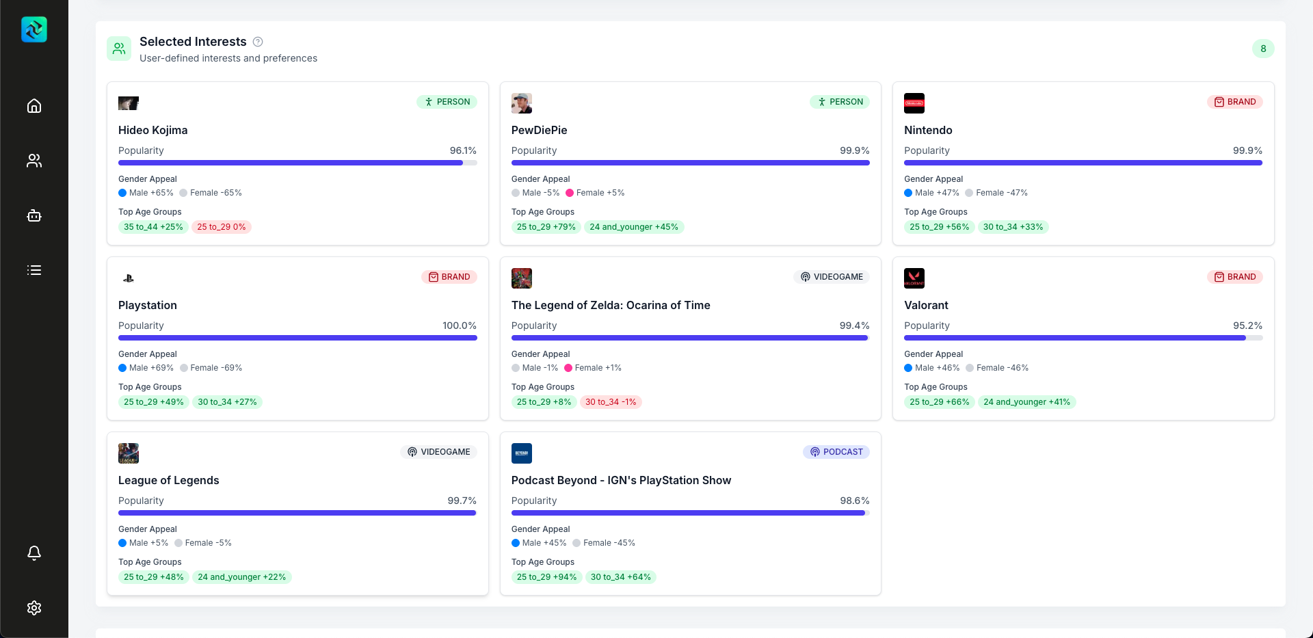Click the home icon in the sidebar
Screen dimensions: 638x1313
click(x=34, y=106)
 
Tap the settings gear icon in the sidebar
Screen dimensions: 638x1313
click(x=34, y=608)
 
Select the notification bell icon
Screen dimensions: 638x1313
click(x=34, y=553)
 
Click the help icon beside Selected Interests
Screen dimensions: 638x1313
click(x=258, y=42)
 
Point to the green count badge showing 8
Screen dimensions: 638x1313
click(x=1263, y=49)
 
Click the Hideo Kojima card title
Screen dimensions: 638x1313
click(x=152, y=130)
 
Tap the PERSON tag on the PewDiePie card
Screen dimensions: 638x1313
click(x=840, y=102)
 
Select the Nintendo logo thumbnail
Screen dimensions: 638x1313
click(x=914, y=103)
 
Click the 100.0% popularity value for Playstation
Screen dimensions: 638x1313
click(x=459, y=325)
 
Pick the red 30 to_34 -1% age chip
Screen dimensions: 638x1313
click(x=611, y=402)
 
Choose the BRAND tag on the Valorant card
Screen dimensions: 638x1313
click(x=1235, y=277)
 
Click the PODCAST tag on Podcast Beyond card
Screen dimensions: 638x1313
click(x=836, y=452)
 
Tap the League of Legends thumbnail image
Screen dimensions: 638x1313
click(x=129, y=453)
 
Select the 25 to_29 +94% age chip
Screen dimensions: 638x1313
click(x=546, y=577)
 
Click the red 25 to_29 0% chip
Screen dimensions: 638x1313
click(x=222, y=227)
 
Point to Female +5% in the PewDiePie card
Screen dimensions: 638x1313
click(x=596, y=193)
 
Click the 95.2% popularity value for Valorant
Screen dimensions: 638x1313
click(x=1247, y=325)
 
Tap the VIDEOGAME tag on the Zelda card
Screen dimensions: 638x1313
click(x=832, y=277)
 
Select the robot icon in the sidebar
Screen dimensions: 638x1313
click(x=34, y=215)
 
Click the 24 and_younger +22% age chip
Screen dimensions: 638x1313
click(x=242, y=577)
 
